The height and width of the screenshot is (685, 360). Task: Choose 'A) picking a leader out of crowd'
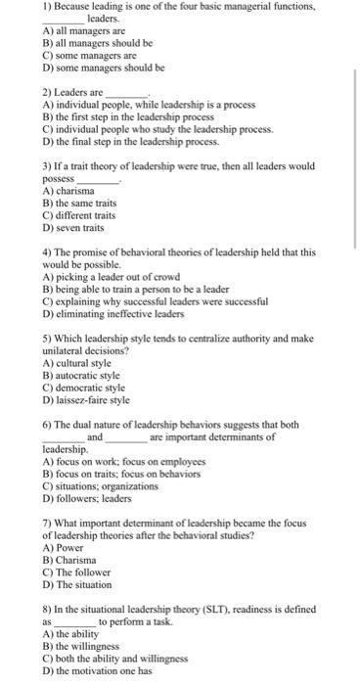[112, 276]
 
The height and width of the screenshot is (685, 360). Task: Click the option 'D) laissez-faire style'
[87, 399]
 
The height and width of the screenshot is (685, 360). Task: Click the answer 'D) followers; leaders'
[88, 497]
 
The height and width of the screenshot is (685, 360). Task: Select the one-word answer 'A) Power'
[63, 548]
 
